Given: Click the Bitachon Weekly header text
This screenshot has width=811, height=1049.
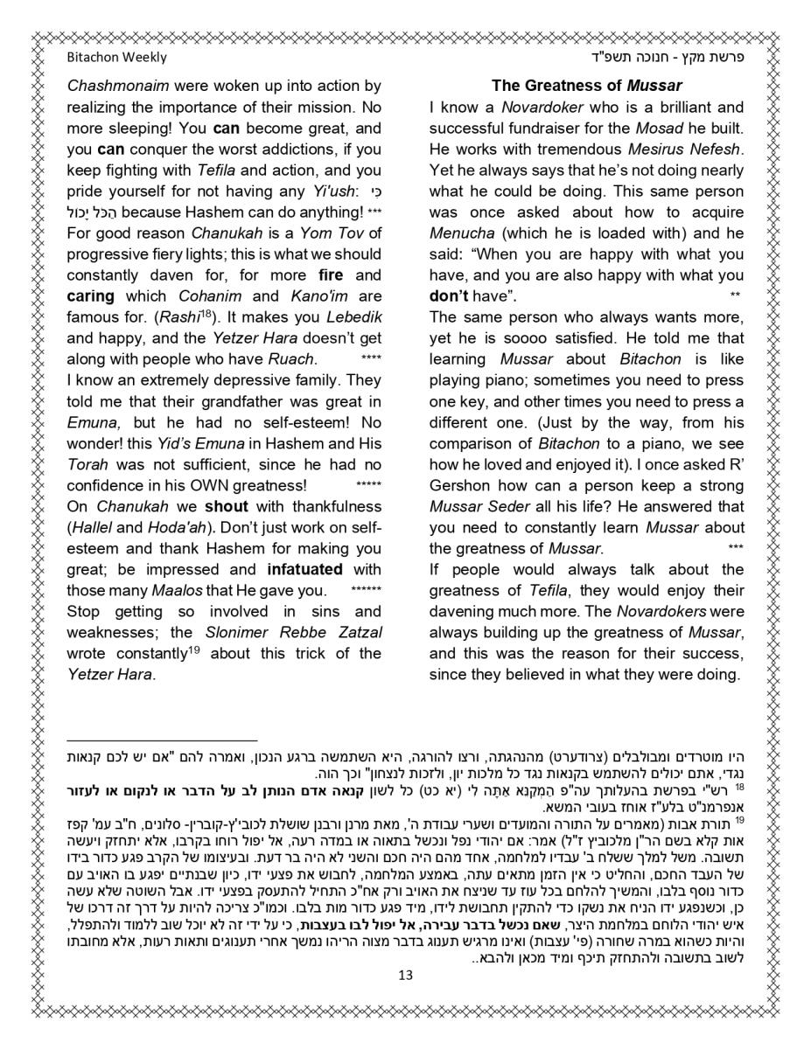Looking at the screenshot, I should tap(116, 58).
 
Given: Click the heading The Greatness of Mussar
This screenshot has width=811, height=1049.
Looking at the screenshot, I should tap(586, 86).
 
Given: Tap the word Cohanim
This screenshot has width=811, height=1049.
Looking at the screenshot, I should tap(229, 296).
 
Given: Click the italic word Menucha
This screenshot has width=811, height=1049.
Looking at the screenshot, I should tap(462, 233).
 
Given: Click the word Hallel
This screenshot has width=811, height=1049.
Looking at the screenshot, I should tap(92, 527).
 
